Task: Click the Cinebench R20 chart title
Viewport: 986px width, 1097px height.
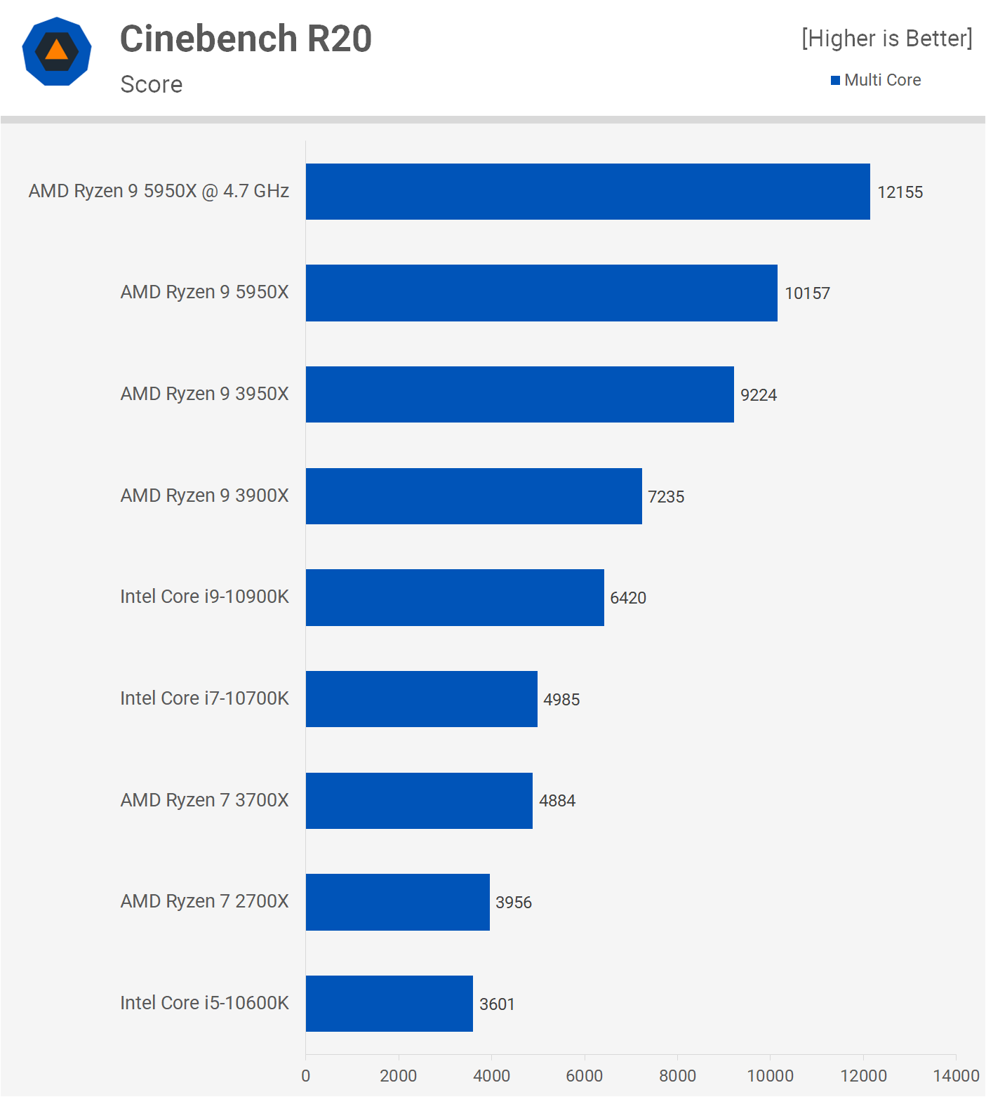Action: pyautogui.click(x=246, y=39)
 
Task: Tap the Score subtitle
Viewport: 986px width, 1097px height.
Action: pyautogui.click(x=152, y=84)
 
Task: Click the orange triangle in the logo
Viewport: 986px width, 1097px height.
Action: pyautogui.click(x=57, y=50)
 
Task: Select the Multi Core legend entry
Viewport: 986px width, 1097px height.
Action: pyautogui.click(x=876, y=80)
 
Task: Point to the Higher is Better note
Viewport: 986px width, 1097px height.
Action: pyautogui.click(x=887, y=39)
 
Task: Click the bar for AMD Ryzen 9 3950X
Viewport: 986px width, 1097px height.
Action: pyautogui.click(x=519, y=394)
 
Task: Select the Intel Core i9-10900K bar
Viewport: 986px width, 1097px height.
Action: pyautogui.click(x=455, y=597)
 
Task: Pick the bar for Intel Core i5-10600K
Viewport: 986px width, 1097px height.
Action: pyautogui.click(x=389, y=1004)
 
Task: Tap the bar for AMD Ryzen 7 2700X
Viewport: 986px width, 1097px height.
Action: pyautogui.click(x=398, y=902)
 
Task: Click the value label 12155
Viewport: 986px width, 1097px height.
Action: pyautogui.click(x=900, y=192)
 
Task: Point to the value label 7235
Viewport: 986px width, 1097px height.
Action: pyautogui.click(x=666, y=497)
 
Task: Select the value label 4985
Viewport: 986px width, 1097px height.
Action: pyautogui.click(x=561, y=700)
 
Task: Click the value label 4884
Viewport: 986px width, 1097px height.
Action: pyautogui.click(x=557, y=801)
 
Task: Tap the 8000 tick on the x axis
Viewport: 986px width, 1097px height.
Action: pyautogui.click(x=677, y=1076)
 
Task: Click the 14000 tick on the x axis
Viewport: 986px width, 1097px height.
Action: pyautogui.click(x=956, y=1076)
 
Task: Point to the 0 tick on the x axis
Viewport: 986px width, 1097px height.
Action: pyautogui.click(x=306, y=1076)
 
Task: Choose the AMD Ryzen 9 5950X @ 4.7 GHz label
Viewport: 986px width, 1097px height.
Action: pyautogui.click(x=159, y=191)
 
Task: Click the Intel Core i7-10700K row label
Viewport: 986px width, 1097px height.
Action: pyautogui.click(x=204, y=698)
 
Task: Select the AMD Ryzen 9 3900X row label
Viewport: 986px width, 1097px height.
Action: pyautogui.click(x=204, y=496)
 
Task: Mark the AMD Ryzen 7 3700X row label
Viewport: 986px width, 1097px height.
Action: pyautogui.click(x=204, y=800)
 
